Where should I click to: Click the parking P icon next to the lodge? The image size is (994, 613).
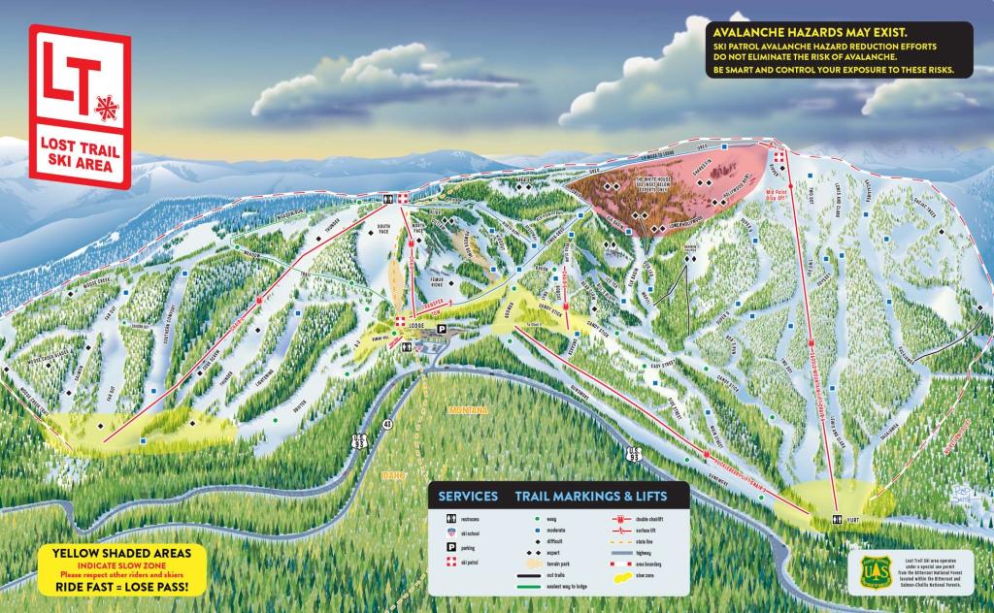(x=443, y=329)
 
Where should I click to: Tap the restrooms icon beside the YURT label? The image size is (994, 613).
(x=837, y=520)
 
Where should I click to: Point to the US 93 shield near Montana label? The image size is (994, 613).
(x=634, y=453)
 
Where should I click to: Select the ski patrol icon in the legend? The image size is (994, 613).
(x=449, y=562)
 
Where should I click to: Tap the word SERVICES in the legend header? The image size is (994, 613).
(x=468, y=496)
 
